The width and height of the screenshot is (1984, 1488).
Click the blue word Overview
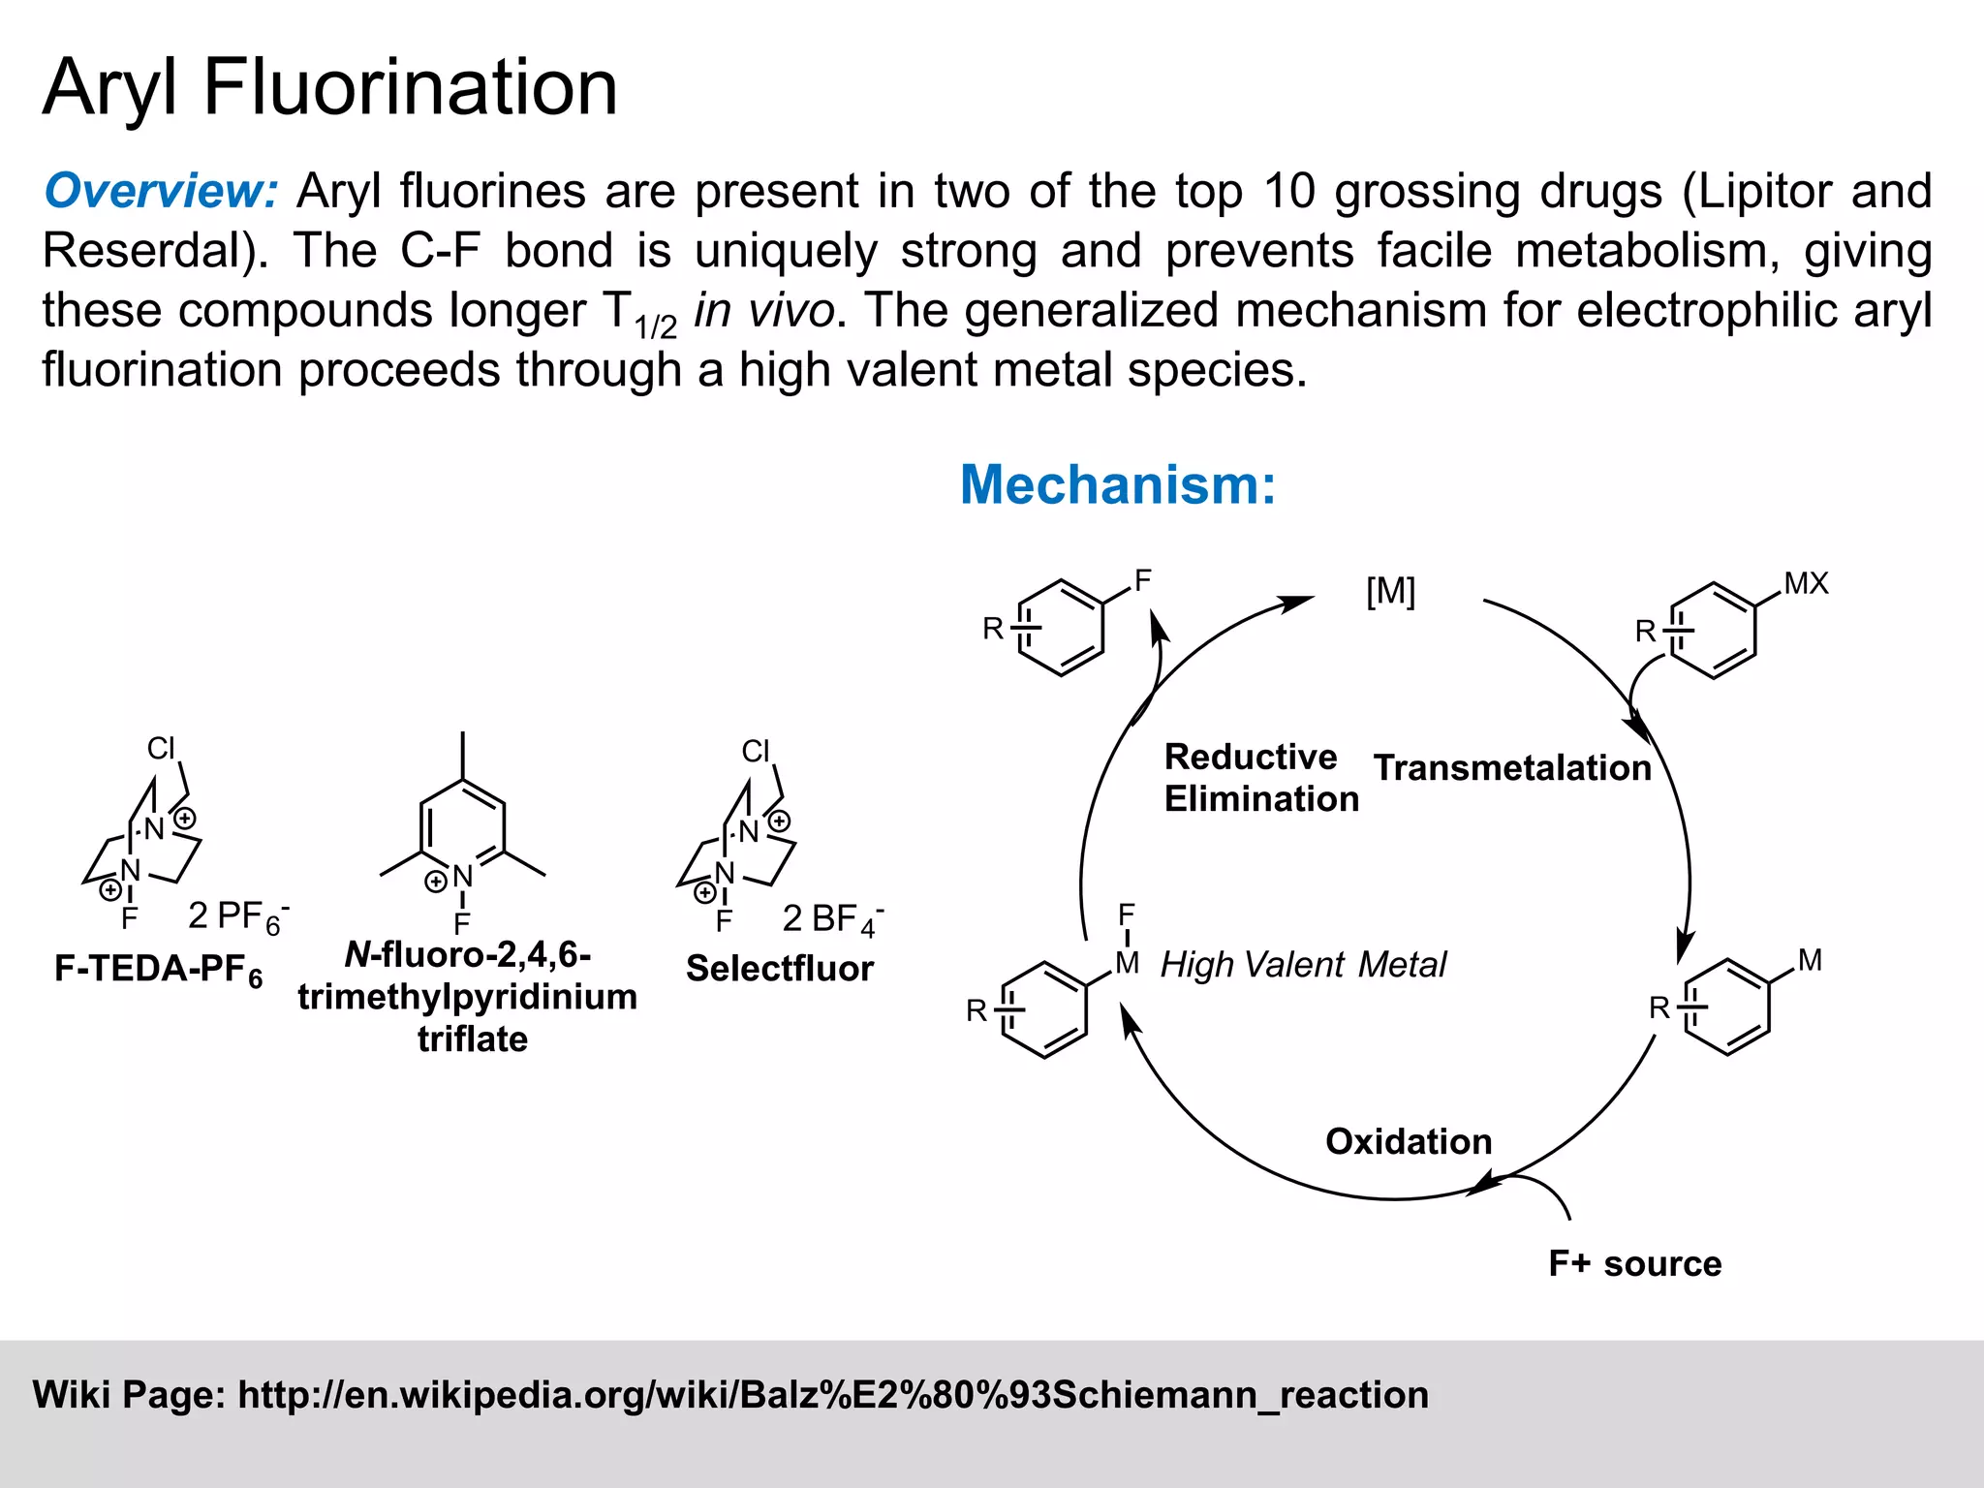[x=161, y=191]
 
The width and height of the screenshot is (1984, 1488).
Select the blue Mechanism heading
[x=1118, y=484]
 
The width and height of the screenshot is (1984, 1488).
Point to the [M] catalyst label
[x=1390, y=591]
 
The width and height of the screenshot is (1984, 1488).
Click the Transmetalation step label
[x=1511, y=768]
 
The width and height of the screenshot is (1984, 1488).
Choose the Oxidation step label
[x=1408, y=1141]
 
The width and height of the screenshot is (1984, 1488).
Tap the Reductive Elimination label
[x=1260, y=778]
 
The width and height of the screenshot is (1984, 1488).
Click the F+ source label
[x=1634, y=1263]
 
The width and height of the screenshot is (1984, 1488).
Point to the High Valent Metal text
[x=1303, y=965]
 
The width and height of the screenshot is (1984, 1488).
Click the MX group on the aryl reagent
[x=1806, y=583]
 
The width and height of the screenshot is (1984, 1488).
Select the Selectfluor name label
[x=779, y=969]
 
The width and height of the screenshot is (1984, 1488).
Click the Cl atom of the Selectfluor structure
[x=756, y=751]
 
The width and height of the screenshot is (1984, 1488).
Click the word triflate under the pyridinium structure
[x=473, y=1039]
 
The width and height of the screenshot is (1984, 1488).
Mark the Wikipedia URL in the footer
[x=833, y=1395]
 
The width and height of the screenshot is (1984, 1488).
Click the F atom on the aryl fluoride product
[x=1143, y=580]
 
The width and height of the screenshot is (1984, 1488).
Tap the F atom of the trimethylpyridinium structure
[x=462, y=923]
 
